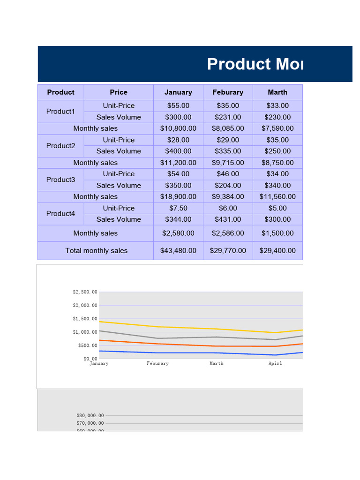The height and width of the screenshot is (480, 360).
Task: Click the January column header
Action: coord(178,92)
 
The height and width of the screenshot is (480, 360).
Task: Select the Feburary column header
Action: coord(228,92)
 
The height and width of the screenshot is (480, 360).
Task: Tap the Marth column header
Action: coord(277,92)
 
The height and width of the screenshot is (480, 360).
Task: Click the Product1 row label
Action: coord(60,112)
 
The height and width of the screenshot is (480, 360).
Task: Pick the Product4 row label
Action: coord(60,214)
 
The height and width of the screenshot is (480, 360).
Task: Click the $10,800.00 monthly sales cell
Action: coord(178,128)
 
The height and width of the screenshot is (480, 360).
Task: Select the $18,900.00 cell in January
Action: coord(178,197)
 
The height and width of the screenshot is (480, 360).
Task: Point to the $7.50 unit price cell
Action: coord(178,208)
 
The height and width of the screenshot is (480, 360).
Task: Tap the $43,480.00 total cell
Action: coord(178,251)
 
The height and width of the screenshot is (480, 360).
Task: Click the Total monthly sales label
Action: coord(96,251)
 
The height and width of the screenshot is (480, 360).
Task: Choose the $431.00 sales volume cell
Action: coord(228,219)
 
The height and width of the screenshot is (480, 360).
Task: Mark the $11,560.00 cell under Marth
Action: coord(277,197)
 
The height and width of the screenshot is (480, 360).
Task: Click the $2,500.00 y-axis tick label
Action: coord(85,292)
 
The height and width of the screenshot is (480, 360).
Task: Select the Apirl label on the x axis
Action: coord(275,364)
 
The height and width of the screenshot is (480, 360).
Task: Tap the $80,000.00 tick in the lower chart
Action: coord(90,415)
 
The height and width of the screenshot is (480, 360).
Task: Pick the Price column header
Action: coord(119,92)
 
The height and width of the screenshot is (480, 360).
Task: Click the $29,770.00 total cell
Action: coord(228,251)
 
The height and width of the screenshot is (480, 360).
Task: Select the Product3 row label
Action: coord(60,180)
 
